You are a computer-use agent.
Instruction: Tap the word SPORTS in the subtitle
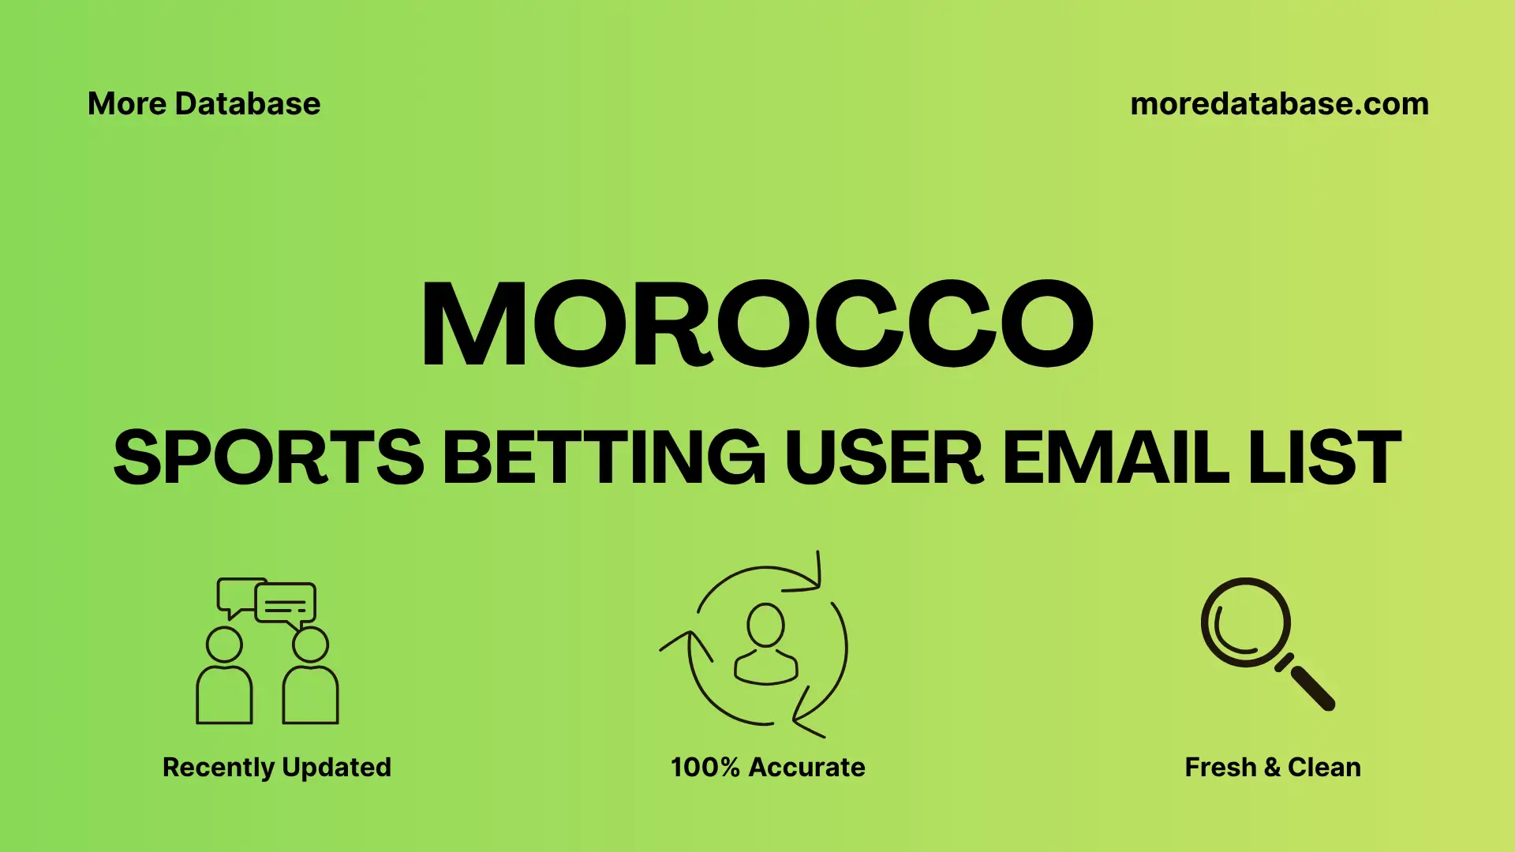(269, 458)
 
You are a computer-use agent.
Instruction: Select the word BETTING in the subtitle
(604, 458)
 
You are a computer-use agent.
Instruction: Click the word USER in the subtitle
(884, 458)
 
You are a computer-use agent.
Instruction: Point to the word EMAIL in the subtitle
(1115, 458)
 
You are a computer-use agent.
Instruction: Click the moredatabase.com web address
(1279, 104)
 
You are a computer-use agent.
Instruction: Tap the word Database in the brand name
(248, 104)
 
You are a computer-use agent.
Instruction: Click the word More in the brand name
(127, 104)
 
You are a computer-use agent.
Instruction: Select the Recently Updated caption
(276, 767)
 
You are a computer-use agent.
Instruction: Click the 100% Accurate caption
(768, 767)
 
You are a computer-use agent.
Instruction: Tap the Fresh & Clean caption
(1273, 767)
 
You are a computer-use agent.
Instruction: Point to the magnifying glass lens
(1245, 622)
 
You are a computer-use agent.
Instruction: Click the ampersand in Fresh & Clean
(1272, 767)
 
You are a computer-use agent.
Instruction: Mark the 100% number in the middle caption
(705, 767)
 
